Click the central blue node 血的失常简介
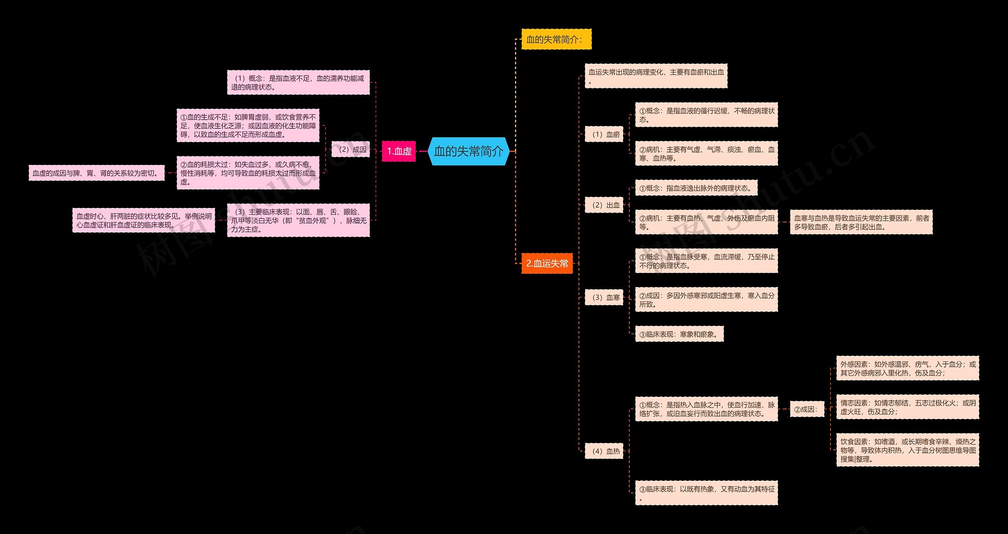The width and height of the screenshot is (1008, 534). click(x=469, y=151)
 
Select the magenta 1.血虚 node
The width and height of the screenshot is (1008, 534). click(x=399, y=151)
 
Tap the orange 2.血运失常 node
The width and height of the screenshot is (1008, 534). click(x=547, y=263)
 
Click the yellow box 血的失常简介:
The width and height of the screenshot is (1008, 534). click(x=556, y=39)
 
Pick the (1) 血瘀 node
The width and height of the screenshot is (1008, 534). click(x=604, y=134)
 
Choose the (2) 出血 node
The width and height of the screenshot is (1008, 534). click(x=604, y=205)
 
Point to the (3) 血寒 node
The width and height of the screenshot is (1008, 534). click(x=604, y=297)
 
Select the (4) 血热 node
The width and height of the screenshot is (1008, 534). click(x=604, y=451)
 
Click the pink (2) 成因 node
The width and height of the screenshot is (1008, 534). click(x=350, y=149)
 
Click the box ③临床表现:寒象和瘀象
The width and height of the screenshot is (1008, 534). click(x=680, y=334)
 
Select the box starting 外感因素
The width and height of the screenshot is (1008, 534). click(x=908, y=368)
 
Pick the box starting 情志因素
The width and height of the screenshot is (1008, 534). click(x=908, y=407)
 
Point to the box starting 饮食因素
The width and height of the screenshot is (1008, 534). click(x=908, y=450)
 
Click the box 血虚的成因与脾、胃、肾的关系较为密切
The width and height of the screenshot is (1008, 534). click(x=96, y=173)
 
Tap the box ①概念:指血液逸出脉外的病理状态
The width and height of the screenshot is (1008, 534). click(x=697, y=188)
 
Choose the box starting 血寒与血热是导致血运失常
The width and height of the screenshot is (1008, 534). click(x=861, y=222)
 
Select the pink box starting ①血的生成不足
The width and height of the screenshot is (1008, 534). click(x=248, y=126)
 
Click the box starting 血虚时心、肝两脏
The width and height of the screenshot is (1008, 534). click(x=144, y=221)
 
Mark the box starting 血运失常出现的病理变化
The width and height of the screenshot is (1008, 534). click(x=656, y=76)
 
